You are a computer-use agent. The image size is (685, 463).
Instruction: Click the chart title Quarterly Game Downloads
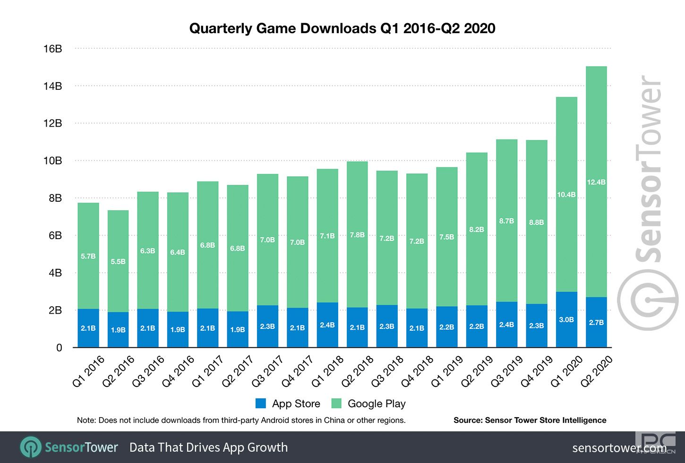pyautogui.click(x=342, y=28)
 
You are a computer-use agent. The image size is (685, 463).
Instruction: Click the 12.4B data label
pyautogui.click(x=596, y=182)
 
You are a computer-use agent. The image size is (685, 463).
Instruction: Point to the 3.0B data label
pyautogui.click(x=566, y=320)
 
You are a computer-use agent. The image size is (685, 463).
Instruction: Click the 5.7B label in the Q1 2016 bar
pyautogui.click(x=88, y=256)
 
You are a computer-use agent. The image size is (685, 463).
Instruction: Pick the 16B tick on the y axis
pyautogui.click(x=52, y=49)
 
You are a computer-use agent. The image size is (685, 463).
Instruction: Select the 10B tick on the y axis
pyautogui.click(x=52, y=161)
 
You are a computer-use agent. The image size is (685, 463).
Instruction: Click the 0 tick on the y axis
pyautogui.click(x=59, y=348)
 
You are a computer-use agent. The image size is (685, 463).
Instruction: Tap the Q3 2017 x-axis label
pyautogui.click(x=268, y=371)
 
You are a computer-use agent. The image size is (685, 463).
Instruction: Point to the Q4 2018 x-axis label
pyautogui.click(x=417, y=371)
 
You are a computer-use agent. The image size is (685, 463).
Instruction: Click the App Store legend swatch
pyautogui.click(x=260, y=403)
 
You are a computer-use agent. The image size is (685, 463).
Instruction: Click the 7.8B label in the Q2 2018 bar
pyautogui.click(x=357, y=235)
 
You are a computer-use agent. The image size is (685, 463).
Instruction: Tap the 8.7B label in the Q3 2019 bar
pyautogui.click(x=506, y=221)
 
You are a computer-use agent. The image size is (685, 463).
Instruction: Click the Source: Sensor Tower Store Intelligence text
pyautogui.click(x=530, y=420)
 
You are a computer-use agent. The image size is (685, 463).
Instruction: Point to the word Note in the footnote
pyautogui.click(x=86, y=420)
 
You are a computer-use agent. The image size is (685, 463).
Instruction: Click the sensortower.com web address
pyautogui.click(x=619, y=447)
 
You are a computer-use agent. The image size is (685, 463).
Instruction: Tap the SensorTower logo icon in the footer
pyautogui.click(x=30, y=447)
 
